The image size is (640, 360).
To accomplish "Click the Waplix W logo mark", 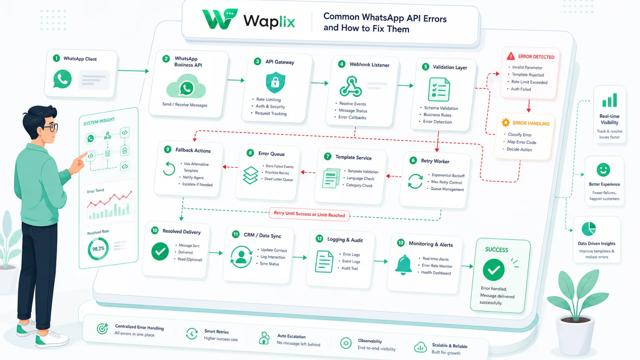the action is (220, 19).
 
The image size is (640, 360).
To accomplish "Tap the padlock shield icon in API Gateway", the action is (275, 82).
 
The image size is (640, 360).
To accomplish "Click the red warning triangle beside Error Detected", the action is (510, 56).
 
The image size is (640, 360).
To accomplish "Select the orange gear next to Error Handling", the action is (506, 122).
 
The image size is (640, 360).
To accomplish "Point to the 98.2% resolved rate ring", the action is (98, 248).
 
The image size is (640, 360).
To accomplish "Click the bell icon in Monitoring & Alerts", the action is (403, 265).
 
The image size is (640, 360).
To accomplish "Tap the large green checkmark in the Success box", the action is (494, 270).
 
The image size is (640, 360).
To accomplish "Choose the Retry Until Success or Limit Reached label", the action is (309, 214).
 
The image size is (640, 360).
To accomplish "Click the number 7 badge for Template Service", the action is (328, 156).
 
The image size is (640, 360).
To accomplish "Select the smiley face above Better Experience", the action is (603, 170).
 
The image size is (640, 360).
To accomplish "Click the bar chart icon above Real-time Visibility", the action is (610, 100).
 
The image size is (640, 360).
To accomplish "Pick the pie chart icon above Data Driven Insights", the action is (588, 229).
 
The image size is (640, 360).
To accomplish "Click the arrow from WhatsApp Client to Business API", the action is (133, 70).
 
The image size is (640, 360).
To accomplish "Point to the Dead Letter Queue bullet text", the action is (278, 180).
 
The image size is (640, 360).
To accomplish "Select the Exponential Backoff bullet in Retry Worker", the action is (448, 175).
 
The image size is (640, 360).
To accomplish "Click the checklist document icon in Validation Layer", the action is (439, 90).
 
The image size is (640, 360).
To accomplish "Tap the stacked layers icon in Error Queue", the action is (250, 175).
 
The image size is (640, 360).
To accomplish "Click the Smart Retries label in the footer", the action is (216, 332).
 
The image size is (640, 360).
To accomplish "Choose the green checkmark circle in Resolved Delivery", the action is (160, 252).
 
